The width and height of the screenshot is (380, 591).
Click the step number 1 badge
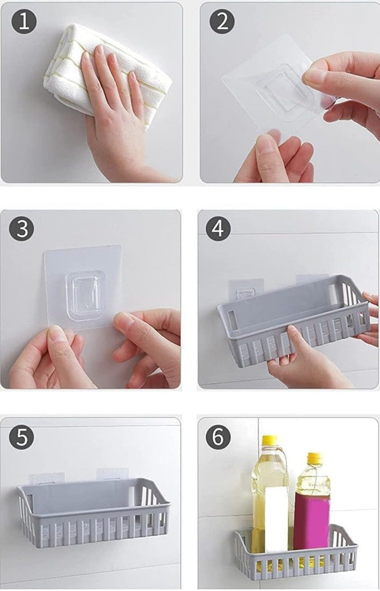(24, 21)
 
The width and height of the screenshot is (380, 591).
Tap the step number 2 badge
(222, 21)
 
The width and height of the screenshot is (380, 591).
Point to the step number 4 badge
(218, 229)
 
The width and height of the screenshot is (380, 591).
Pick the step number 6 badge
(218, 437)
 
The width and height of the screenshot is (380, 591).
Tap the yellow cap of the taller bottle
(270, 440)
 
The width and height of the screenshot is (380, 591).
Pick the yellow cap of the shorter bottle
(314, 458)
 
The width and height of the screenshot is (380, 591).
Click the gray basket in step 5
(93, 511)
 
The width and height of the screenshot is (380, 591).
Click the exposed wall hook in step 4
(245, 292)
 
